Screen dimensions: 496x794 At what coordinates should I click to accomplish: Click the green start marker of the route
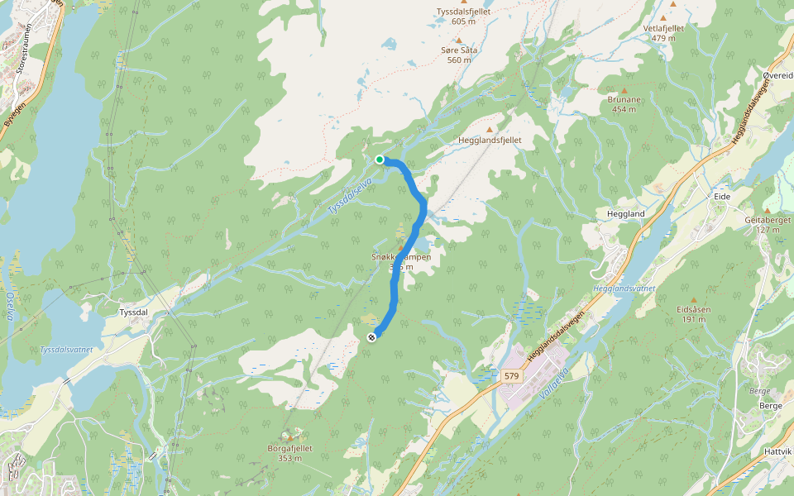[380, 160]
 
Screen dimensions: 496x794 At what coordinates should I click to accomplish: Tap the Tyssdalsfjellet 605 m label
[463, 17]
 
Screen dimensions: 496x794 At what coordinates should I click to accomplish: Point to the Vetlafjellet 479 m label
[663, 32]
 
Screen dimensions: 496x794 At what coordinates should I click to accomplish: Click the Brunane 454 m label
[625, 104]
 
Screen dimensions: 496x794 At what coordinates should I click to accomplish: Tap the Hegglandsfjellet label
[490, 141]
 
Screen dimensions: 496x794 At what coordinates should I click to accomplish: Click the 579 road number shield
[511, 376]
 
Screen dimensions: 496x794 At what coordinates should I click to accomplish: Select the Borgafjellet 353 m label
[289, 453]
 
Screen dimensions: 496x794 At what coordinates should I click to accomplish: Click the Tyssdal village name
[133, 312]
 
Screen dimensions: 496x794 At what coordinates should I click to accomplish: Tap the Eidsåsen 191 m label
[693, 313]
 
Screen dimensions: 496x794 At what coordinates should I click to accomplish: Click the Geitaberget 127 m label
[768, 224]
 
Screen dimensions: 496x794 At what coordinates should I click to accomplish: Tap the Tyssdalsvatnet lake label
[66, 350]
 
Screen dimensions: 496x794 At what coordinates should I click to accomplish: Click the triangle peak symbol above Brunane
[624, 90]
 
